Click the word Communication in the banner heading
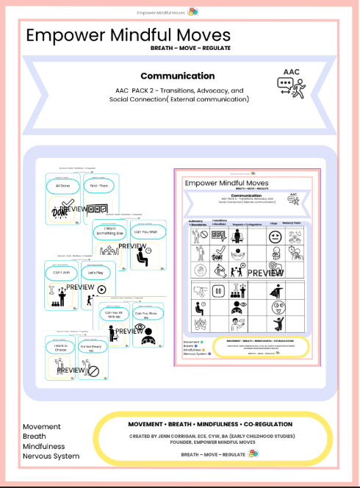tap(178, 76)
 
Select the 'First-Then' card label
tap(98, 187)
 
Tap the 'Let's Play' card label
tap(98, 272)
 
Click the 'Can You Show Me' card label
tap(143, 313)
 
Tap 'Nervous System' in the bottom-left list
tap(51, 456)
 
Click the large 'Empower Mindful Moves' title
tap(128, 36)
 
